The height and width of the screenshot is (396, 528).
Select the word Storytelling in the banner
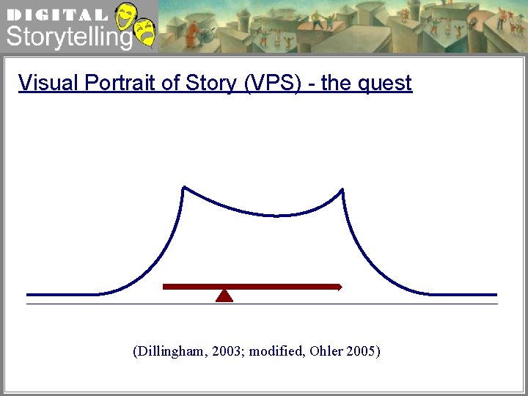point(69,37)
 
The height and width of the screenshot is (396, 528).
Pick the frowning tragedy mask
point(144,34)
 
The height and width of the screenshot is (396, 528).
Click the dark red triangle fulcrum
point(224,296)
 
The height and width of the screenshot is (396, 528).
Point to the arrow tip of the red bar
point(340,287)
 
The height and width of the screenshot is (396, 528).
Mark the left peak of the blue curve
point(183,188)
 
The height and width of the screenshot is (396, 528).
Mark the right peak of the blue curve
point(342,189)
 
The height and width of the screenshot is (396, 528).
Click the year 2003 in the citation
point(226,351)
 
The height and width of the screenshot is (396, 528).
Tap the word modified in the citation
point(276,351)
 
